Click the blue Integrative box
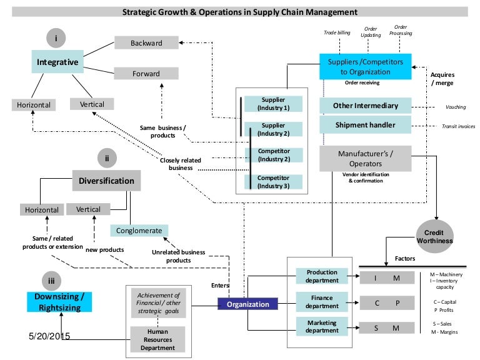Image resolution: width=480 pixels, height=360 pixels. (x=57, y=62)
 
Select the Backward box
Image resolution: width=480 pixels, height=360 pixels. (x=146, y=43)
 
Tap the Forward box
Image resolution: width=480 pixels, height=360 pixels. (x=146, y=73)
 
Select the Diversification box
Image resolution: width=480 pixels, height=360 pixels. (x=106, y=181)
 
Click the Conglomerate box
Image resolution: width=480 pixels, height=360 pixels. (x=139, y=230)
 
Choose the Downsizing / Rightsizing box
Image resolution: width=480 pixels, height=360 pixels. (x=59, y=301)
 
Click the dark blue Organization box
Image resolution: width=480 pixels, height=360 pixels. (x=247, y=304)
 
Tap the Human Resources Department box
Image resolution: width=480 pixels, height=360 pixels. (x=157, y=339)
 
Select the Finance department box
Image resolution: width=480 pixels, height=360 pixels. (x=322, y=302)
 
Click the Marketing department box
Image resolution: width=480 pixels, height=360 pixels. (x=322, y=327)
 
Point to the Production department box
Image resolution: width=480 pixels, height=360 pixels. (x=322, y=276)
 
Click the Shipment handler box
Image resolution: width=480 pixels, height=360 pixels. (x=365, y=124)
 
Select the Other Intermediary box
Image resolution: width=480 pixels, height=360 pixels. (x=365, y=105)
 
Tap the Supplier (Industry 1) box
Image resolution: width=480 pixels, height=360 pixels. (x=272, y=103)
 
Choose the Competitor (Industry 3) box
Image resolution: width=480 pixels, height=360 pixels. (x=272, y=181)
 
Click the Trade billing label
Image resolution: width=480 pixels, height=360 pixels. (x=336, y=32)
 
